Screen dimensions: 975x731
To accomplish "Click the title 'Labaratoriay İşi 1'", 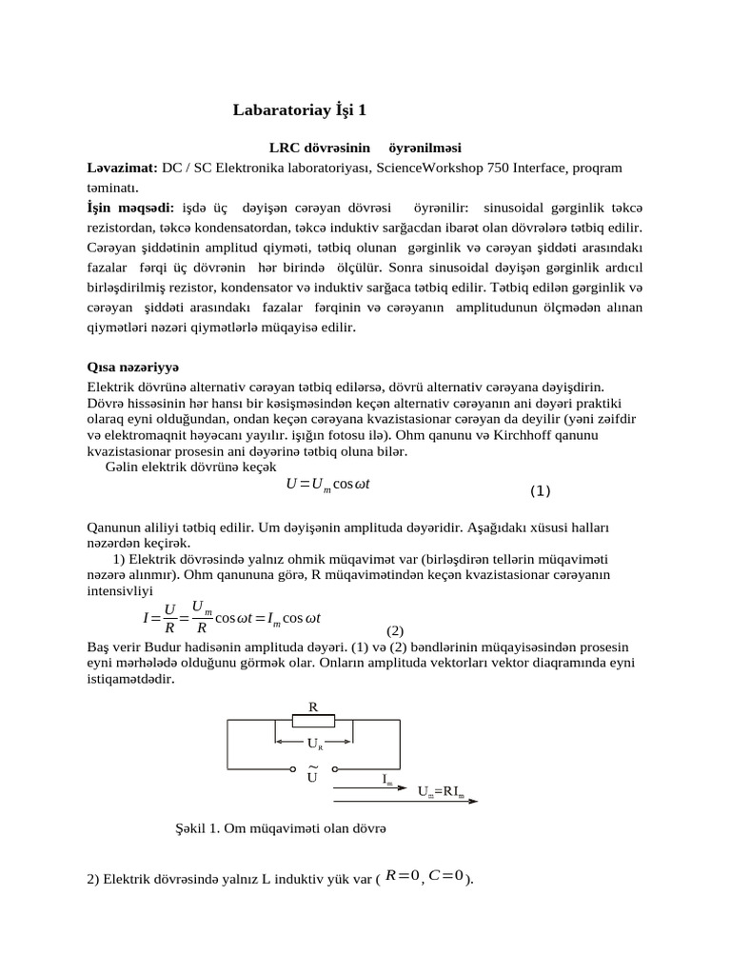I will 300,110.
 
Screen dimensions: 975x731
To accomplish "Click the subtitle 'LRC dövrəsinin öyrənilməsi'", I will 365,149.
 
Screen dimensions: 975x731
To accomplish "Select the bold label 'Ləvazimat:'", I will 122,168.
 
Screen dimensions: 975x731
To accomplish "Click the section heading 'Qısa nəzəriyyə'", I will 133,367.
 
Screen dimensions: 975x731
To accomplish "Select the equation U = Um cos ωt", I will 327,485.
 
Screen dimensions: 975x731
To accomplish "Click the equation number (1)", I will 540,491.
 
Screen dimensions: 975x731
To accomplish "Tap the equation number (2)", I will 395,630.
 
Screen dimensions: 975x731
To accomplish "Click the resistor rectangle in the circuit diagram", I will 313,721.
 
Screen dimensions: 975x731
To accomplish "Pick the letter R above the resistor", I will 312,706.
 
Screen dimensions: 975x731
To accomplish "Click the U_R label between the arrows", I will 314,742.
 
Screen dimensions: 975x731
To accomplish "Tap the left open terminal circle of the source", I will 292,767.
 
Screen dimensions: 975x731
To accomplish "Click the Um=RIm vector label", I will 442,791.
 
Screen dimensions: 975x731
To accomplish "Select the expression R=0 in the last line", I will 402,875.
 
